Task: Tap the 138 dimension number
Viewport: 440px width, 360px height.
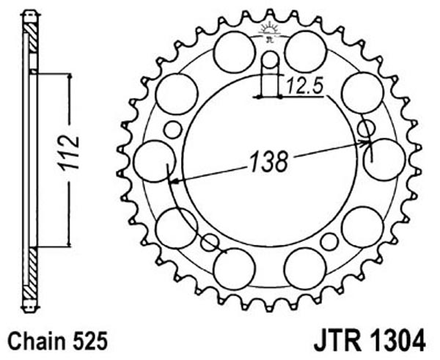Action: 269,162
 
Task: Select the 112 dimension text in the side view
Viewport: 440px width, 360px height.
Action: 70,153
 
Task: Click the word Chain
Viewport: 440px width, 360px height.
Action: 37,342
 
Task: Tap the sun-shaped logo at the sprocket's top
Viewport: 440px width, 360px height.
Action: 269,32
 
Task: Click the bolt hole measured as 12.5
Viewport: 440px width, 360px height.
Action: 271,60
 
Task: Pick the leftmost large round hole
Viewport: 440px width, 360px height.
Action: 154,161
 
